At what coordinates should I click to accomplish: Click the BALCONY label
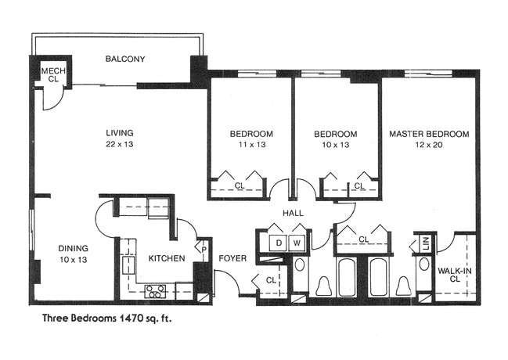(125, 59)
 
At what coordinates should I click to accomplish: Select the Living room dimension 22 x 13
(120, 144)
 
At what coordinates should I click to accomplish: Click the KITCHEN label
(167, 257)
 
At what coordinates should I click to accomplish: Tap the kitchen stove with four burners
(156, 292)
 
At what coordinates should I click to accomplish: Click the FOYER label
(232, 257)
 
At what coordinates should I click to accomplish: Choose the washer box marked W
(298, 243)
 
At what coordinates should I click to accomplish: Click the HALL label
(294, 213)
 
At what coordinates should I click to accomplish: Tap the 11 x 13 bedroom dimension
(250, 145)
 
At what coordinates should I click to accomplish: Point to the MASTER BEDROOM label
(429, 134)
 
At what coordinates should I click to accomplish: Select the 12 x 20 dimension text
(429, 145)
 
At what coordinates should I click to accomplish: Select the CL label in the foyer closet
(271, 279)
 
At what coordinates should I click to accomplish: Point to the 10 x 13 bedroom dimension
(335, 145)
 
